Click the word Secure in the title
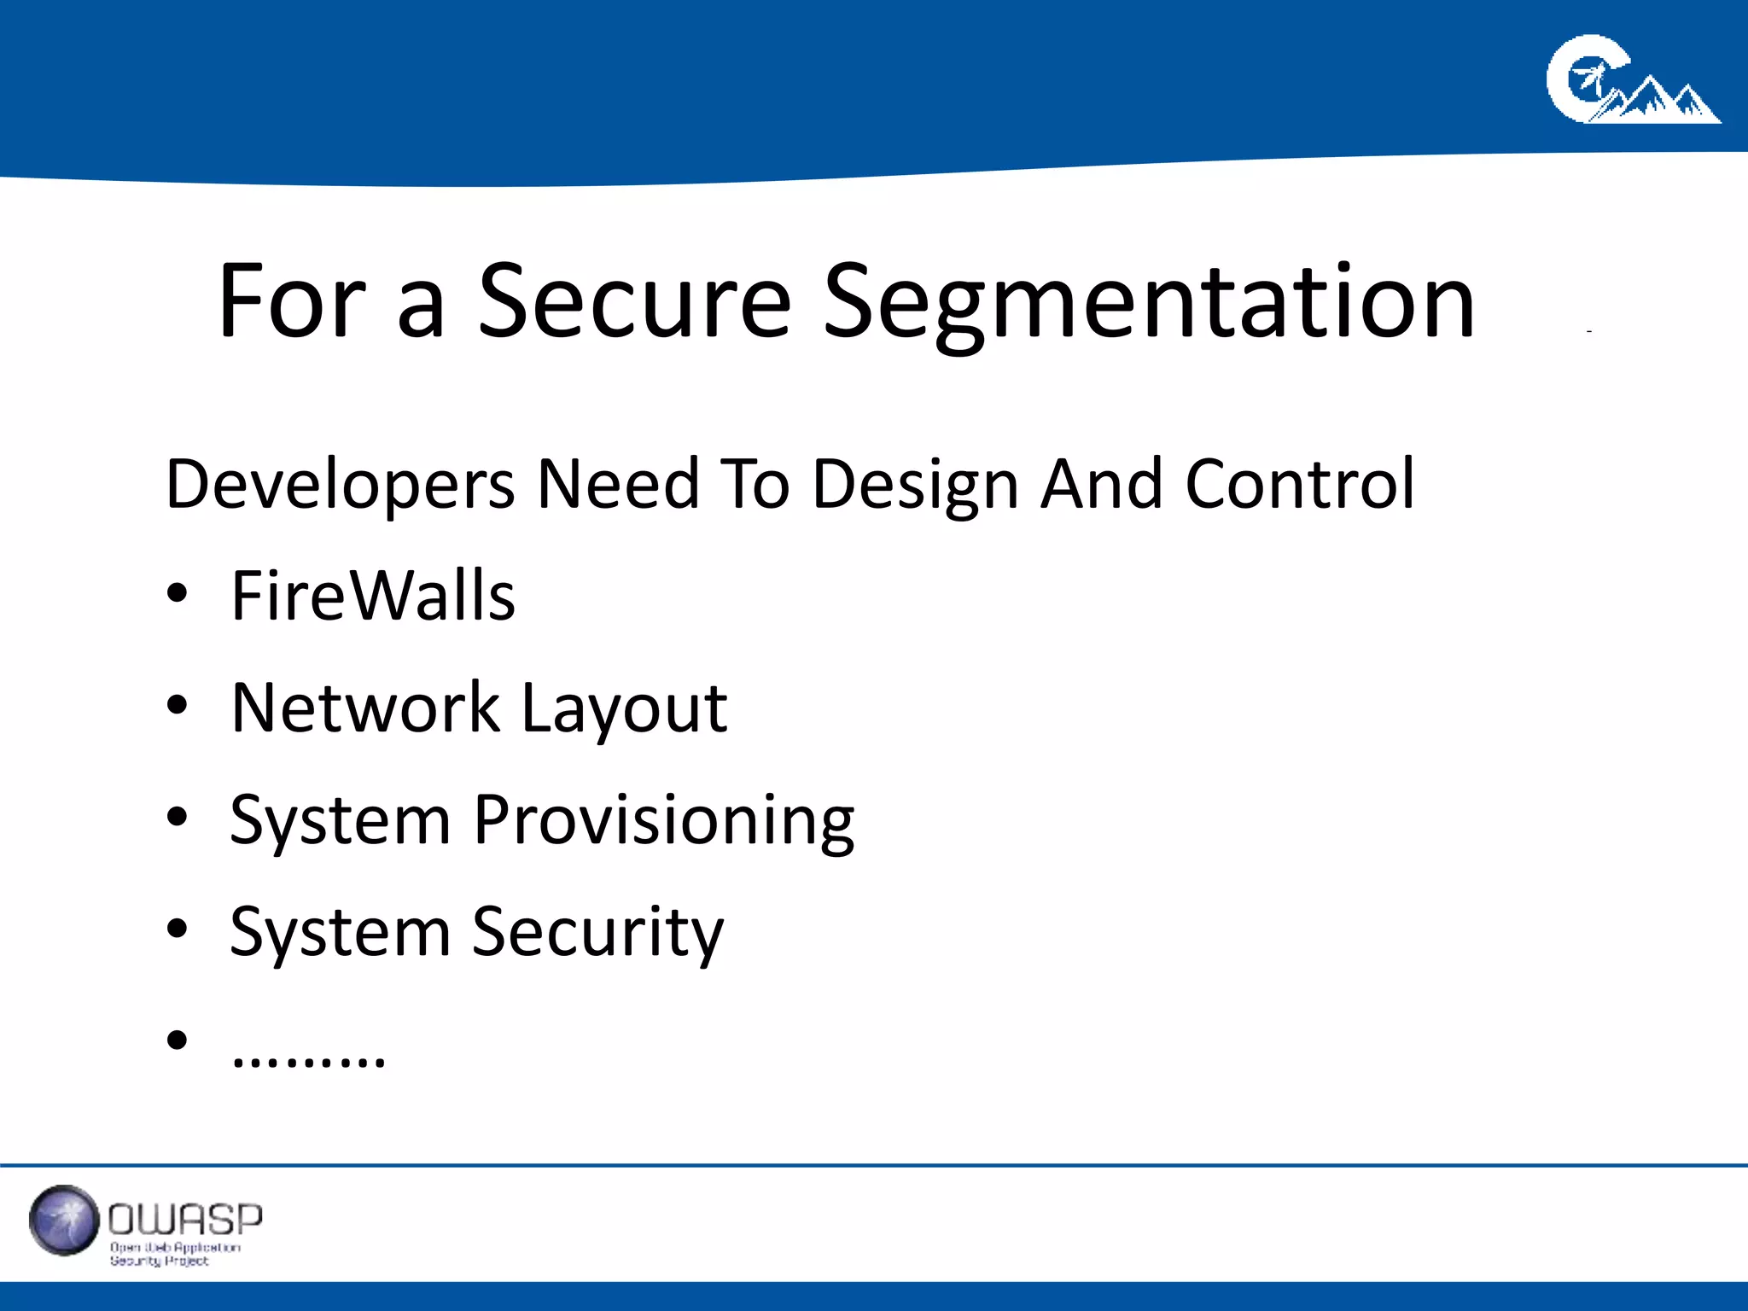(634, 300)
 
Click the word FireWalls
(373, 595)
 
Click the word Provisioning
(663, 821)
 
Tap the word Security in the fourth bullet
(597, 933)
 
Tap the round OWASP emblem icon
(64, 1221)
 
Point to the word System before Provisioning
(340, 821)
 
